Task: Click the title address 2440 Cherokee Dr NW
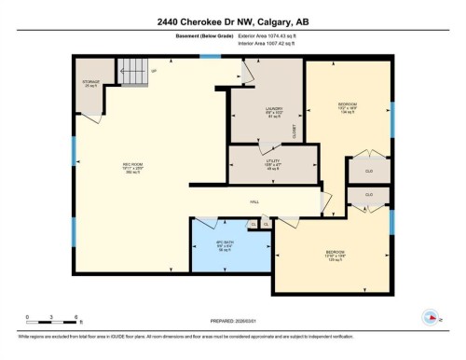pyautogui.click(x=232, y=21)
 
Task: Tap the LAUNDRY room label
pyautogui.click(x=273, y=112)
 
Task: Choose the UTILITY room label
pyautogui.click(x=271, y=164)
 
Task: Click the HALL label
pyautogui.click(x=254, y=201)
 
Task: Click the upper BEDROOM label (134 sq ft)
pyautogui.click(x=348, y=106)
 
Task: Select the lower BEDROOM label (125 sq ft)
pyautogui.click(x=335, y=255)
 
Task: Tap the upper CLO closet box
pyautogui.click(x=369, y=170)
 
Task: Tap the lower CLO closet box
pyautogui.click(x=369, y=195)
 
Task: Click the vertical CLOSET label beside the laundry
pyautogui.click(x=295, y=130)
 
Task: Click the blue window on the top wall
pyautogui.click(x=211, y=57)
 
